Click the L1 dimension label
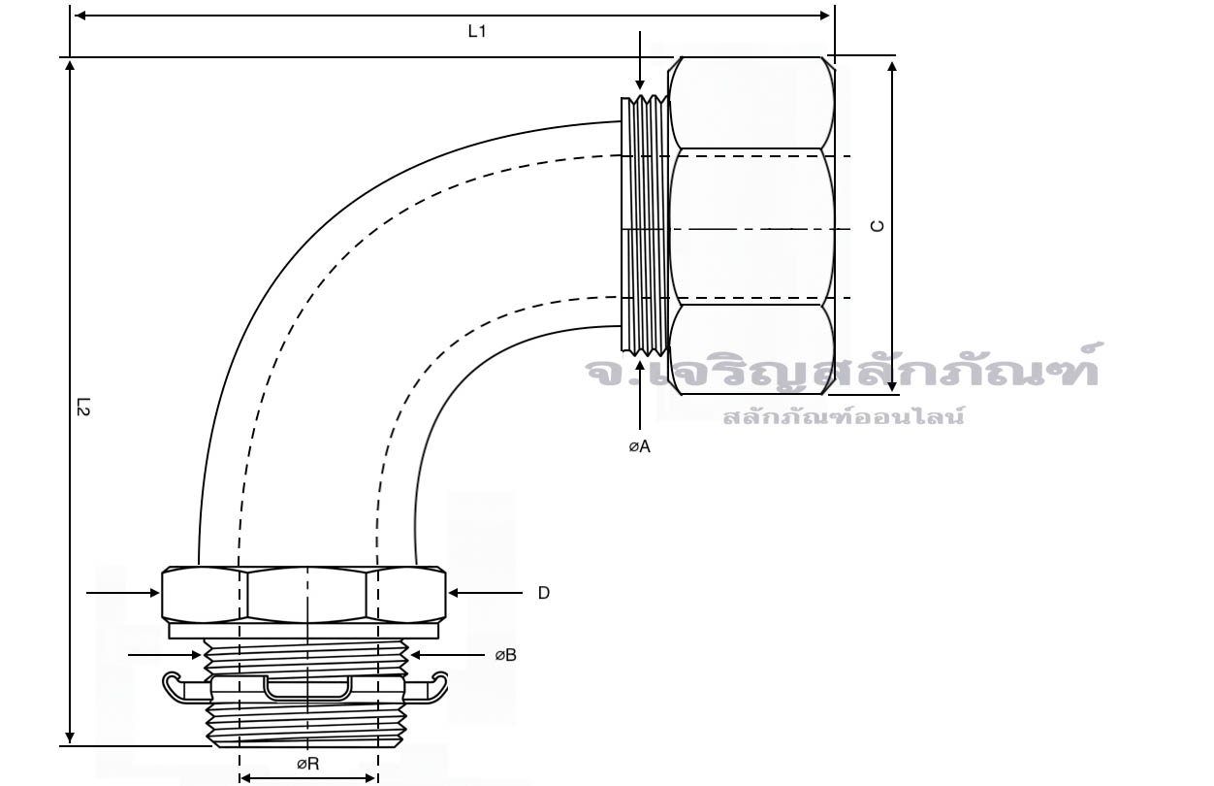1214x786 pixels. pyautogui.click(x=477, y=31)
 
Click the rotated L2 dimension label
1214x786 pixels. pyautogui.click(x=83, y=407)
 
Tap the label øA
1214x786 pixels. pyautogui.click(x=640, y=446)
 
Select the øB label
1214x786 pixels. pyautogui.click(x=505, y=655)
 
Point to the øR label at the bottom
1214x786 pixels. pyautogui.click(x=307, y=765)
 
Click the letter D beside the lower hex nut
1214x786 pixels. pyautogui.click(x=544, y=593)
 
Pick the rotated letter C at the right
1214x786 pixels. pyautogui.click(x=877, y=226)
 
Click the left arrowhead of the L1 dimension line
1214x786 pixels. pyautogui.click(x=80, y=16)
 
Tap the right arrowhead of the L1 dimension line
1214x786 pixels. pyautogui.click(x=824, y=16)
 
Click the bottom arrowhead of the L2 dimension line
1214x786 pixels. pyautogui.click(x=70, y=737)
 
